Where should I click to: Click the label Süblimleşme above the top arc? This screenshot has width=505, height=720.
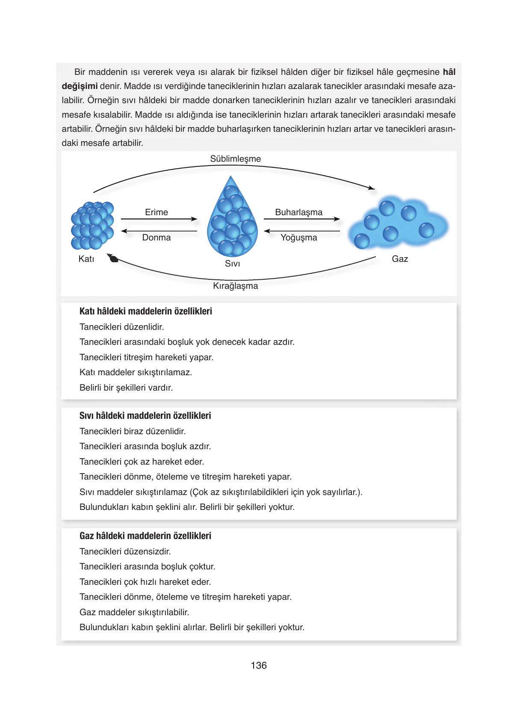tap(235, 159)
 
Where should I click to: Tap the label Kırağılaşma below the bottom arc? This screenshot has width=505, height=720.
tap(235, 286)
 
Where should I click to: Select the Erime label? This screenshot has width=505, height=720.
tap(156, 212)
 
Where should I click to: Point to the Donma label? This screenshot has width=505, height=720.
tap(156, 237)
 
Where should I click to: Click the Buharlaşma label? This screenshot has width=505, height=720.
tap(298, 212)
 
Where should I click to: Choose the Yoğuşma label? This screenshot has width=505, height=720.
tap(298, 237)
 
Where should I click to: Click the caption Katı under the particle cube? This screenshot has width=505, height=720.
tap(86, 259)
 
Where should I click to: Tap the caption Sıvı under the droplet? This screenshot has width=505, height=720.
tap(232, 264)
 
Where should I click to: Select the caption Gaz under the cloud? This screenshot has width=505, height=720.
tap(400, 259)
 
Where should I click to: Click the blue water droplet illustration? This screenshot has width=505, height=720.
tap(232, 222)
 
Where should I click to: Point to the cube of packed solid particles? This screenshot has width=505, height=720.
tap(92, 225)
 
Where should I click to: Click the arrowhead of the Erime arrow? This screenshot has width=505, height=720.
tap(195, 219)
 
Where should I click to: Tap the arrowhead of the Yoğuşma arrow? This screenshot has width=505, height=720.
tap(267, 231)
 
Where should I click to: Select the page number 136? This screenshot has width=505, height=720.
tap(259, 665)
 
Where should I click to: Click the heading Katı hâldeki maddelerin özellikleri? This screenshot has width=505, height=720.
tap(145, 311)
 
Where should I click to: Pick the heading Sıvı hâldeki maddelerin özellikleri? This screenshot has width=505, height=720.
tap(145, 416)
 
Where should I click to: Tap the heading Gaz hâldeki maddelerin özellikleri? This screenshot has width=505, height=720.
tap(145, 536)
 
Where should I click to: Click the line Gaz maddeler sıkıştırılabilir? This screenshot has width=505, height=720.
tap(134, 612)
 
